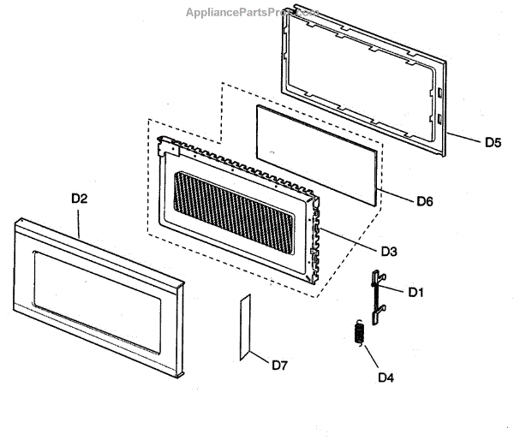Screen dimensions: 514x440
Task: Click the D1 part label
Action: click(x=416, y=292)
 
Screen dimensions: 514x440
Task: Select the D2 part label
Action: click(x=80, y=198)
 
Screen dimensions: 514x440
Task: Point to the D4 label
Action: click(x=386, y=374)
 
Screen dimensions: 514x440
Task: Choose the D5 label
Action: click(x=493, y=143)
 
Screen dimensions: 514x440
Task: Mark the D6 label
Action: click(x=425, y=202)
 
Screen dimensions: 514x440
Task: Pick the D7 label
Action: click(x=279, y=366)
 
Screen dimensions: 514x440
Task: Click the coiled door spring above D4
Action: click(x=360, y=332)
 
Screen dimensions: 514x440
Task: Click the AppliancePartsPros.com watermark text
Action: click(x=252, y=13)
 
